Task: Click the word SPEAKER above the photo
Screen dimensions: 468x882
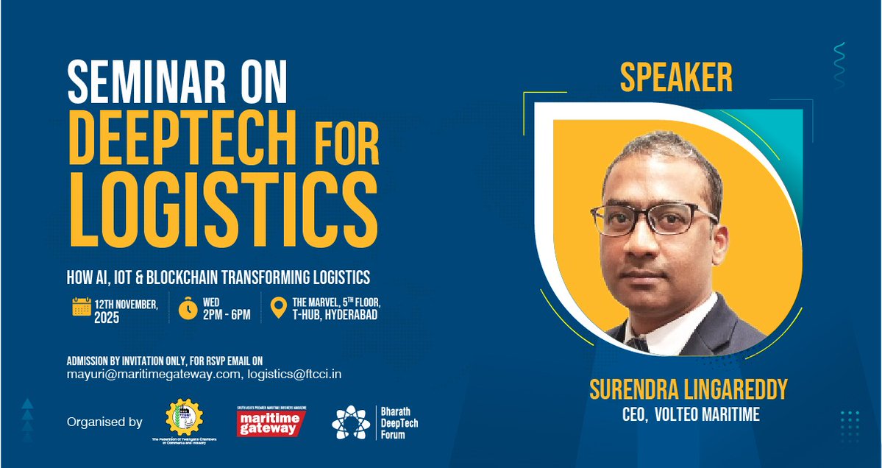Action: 676,78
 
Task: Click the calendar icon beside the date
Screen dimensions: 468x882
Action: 81,306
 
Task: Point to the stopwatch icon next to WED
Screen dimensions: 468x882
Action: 188,308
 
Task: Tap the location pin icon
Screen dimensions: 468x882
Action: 278,308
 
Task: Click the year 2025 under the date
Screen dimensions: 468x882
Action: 106,319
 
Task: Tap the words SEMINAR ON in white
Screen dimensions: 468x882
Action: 177,82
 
